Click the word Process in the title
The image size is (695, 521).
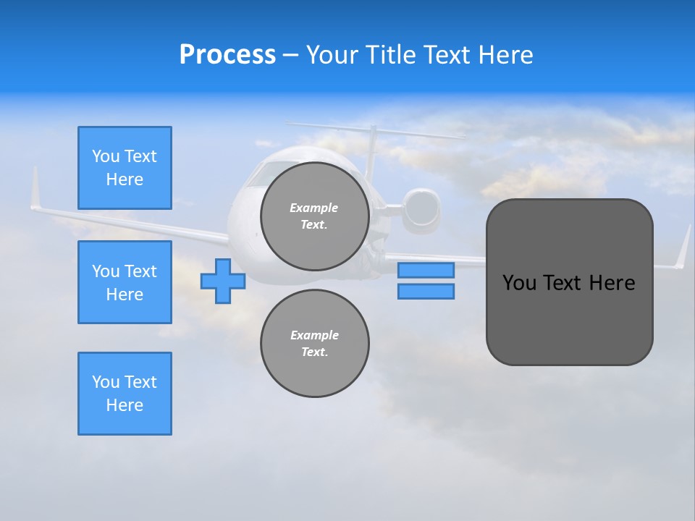[227, 55]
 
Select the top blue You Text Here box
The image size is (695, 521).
[125, 168]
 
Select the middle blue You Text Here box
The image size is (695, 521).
[125, 282]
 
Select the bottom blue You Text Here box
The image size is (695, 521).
[125, 394]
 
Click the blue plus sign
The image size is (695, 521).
[223, 281]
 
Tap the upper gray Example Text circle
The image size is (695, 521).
[315, 216]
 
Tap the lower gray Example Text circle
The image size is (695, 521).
[315, 343]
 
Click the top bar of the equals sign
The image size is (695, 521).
[426, 270]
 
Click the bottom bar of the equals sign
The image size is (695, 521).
[426, 291]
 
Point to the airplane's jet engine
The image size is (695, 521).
[422, 208]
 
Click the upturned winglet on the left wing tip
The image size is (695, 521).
[34, 190]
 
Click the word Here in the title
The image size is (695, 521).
[504, 55]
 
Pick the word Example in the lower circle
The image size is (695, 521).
[314, 335]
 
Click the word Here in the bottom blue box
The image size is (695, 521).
[125, 405]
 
